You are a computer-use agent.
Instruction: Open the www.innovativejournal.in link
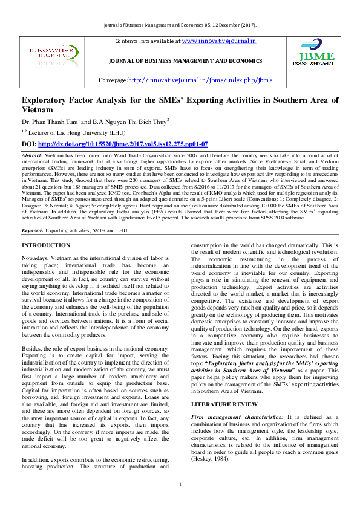click(x=218, y=41)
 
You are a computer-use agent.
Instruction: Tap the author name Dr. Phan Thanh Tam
click(x=53, y=121)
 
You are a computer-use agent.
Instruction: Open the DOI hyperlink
click(x=123, y=144)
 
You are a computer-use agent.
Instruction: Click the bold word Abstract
click(x=32, y=155)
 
